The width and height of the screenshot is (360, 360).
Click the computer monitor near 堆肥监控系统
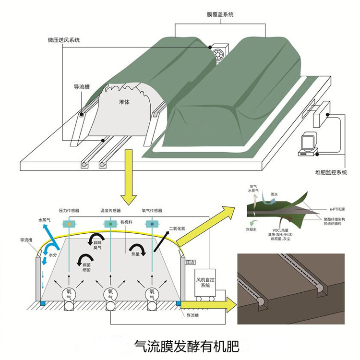point(307,143)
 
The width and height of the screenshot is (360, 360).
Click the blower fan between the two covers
point(221,53)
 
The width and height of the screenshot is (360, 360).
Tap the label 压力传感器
point(69,210)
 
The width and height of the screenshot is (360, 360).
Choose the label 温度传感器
point(111,210)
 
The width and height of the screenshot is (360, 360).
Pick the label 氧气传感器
point(152,210)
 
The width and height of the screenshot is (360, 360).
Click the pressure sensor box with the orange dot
point(70,224)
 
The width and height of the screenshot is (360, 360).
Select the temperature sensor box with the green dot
point(111,224)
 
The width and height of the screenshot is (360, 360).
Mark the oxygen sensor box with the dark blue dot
point(153,224)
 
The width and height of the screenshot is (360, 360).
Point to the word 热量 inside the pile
point(135,254)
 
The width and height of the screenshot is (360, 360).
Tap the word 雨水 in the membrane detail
point(275,195)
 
